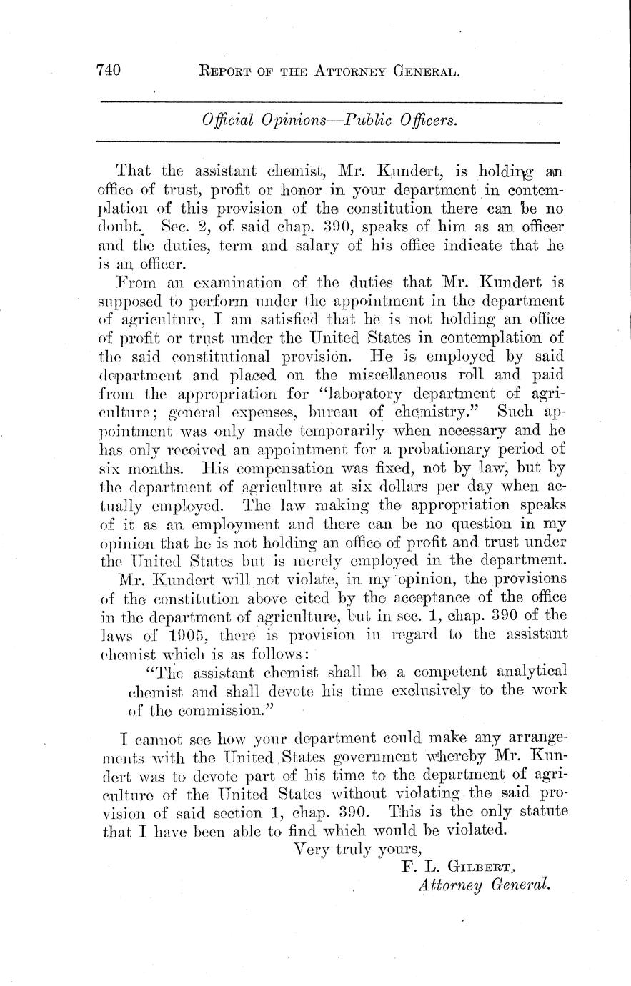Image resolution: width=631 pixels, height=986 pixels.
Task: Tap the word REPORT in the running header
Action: [229, 71]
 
